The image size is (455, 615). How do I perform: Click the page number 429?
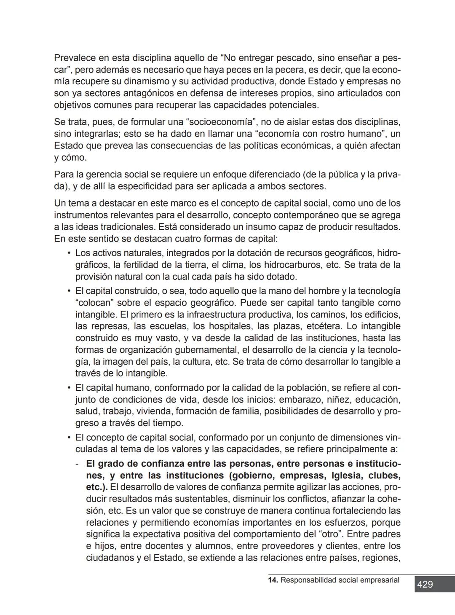(425, 585)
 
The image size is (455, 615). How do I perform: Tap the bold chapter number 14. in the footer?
(273, 580)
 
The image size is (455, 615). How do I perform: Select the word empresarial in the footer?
(378, 580)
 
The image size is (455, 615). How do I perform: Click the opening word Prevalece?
(75, 58)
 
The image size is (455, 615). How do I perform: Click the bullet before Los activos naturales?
(68, 253)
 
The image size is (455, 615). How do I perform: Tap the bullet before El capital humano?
(68, 387)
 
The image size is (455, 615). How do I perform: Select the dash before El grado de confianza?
(77, 464)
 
